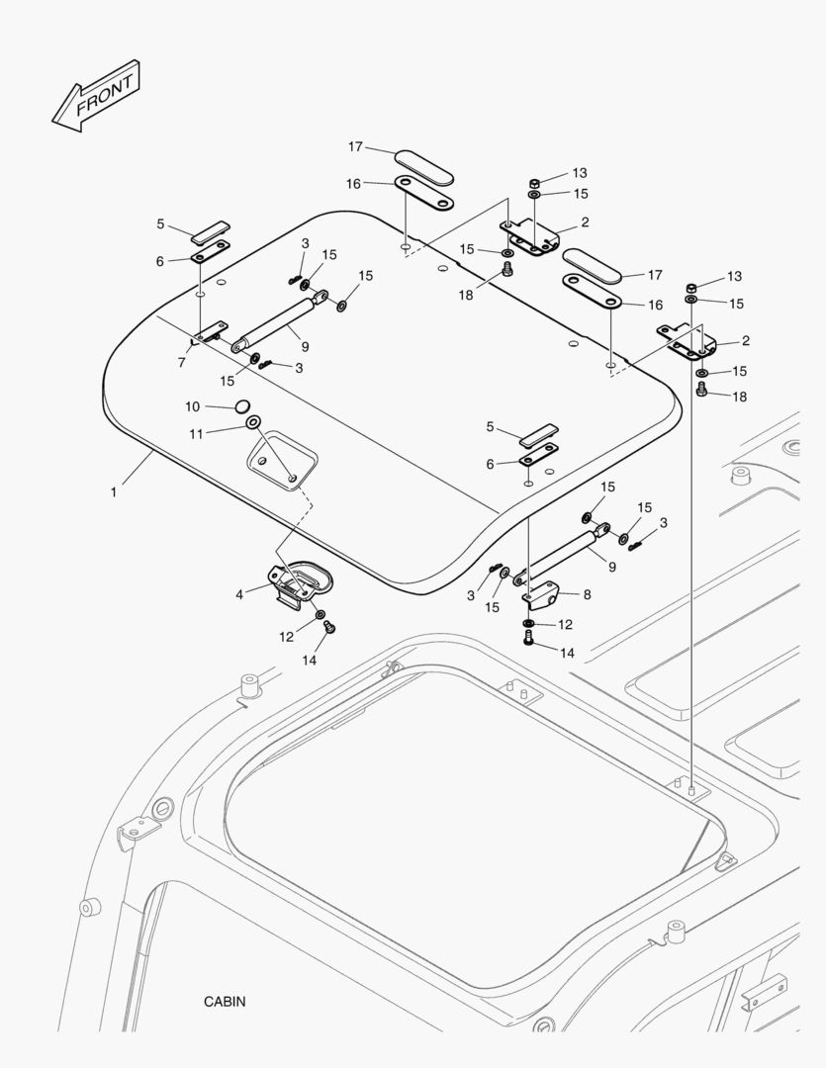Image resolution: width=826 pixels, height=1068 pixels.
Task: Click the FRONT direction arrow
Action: [96, 97]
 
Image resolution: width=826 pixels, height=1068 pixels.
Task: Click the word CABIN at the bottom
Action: [225, 1001]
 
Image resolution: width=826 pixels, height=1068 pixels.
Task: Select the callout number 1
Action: [114, 490]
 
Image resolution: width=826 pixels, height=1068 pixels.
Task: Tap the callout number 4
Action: [239, 594]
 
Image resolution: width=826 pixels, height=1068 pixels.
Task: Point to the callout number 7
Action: [182, 363]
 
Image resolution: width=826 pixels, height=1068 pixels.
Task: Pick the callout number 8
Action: [587, 594]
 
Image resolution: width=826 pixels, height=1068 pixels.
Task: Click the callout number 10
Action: [193, 406]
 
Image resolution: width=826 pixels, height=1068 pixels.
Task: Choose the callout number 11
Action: [196, 433]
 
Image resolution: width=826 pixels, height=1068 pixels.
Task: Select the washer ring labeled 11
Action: [253, 424]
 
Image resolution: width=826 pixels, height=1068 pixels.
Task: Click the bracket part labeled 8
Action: [542, 595]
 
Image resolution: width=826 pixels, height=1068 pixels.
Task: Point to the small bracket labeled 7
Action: [210, 332]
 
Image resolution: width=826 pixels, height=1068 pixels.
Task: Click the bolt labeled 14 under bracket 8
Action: [528, 641]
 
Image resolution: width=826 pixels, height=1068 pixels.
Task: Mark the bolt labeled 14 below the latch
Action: [331, 627]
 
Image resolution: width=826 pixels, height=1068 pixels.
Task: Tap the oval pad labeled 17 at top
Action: [424, 167]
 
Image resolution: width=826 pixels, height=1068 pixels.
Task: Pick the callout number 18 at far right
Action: [739, 396]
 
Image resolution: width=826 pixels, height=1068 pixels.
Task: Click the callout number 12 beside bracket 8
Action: [565, 624]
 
